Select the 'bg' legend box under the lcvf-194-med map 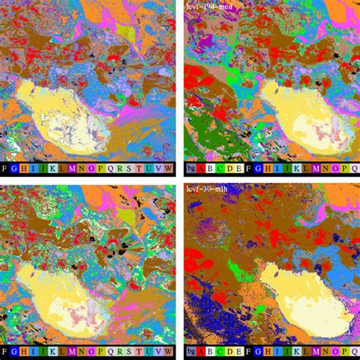click(189, 168)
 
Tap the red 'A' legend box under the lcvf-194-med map click(199, 168)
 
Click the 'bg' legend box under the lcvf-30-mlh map click(189, 352)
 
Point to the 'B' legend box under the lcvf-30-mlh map click(209, 352)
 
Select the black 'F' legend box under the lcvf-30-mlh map click(248, 352)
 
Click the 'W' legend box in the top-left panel click(169, 168)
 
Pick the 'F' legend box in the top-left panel click(5, 168)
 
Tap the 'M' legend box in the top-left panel click(72, 168)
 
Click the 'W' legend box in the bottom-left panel click(169, 352)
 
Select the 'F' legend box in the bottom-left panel click(5, 352)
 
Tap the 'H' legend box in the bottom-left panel click(24, 352)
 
